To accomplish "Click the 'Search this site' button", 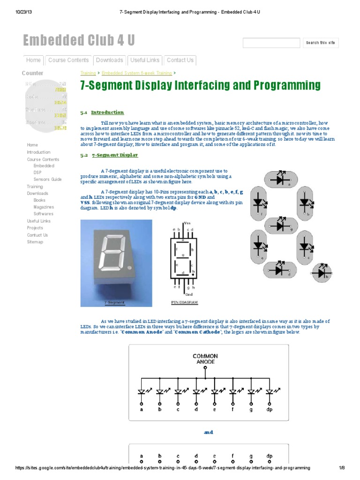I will pyautogui.click(x=321, y=43).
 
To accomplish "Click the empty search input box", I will pyautogui.click(x=271, y=43).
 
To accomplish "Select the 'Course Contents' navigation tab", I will pyautogui.click(x=68, y=60).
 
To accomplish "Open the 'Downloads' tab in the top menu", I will pyautogui.click(x=109, y=60).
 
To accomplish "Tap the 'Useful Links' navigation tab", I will pyautogui.click(x=145, y=60).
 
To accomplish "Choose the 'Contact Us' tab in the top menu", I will pyautogui.click(x=180, y=60).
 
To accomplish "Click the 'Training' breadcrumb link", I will pyautogui.click(x=88, y=73).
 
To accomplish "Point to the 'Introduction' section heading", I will pyautogui.click(x=107, y=112).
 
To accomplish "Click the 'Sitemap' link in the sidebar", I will pyautogui.click(x=35, y=242).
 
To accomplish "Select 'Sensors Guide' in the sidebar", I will pyautogui.click(x=47, y=180).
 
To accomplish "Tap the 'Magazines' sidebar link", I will pyautogui.click(x=44, y=207).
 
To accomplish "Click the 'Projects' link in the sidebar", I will pyautogui.click(x=35, y=228).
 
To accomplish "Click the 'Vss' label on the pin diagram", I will pyautogui.click(x=187, y=223).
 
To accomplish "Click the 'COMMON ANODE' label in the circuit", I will pyautogui.click(x=205, y=359).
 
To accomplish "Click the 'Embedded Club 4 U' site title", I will pyautogui.click(x=79, y=41).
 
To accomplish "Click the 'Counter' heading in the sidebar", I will pyautogui.click(x=32, y=73).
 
